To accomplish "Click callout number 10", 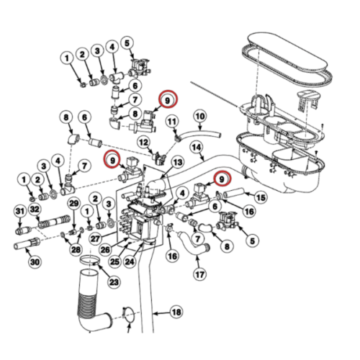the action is [200, 117].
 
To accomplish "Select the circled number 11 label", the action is [172, 122].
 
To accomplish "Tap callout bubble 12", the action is [144, 143].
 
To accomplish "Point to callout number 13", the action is [178, 163].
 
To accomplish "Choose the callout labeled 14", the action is [197, 147].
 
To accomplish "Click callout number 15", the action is [261, 197].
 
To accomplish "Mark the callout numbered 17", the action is [199, 274].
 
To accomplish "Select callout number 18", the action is [176, 312].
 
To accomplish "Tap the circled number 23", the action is [114, 282].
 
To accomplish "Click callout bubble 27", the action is [95, 238].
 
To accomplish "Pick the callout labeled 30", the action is [35, 262].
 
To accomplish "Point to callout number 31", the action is [20, 211].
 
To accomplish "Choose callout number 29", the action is [74, 204].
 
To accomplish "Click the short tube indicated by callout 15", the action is [234, 194].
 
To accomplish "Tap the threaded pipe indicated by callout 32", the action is [54, 222].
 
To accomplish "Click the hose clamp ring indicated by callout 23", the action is [89, 261].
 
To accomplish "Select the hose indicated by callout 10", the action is [199, 134].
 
